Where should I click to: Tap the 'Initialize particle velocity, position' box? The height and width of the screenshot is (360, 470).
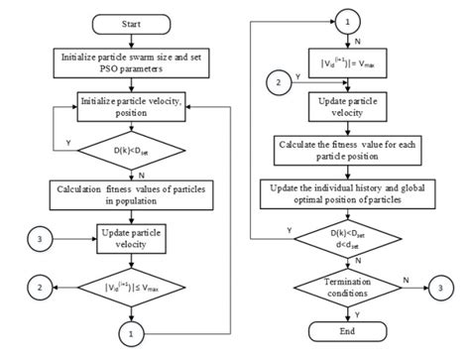139,105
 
